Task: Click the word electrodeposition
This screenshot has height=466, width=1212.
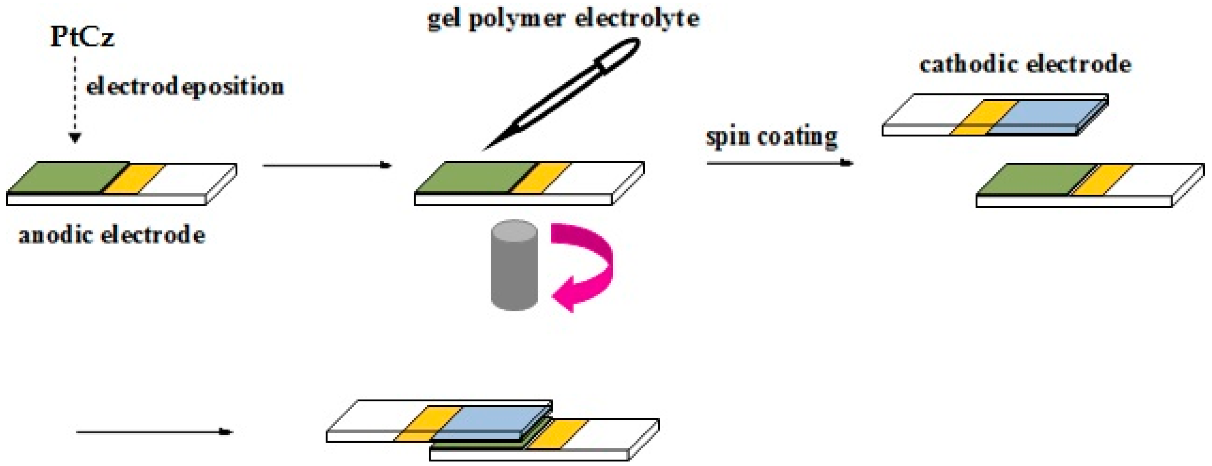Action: (x=185, y=87)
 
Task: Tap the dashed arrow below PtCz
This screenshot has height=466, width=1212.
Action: (x=75, y=99)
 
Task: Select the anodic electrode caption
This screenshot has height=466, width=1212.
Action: (x=112, y=235)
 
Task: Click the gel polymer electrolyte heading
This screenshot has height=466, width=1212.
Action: (x=563, y=19)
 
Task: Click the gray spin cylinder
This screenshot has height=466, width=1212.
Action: (x=514, y=265)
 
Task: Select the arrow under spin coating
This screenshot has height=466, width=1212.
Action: (x=779, y=163)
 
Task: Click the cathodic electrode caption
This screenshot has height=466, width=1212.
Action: (x=1025, y=65)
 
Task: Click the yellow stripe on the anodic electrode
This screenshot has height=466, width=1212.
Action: (x=134, y=179)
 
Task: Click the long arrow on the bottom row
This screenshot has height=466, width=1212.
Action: (x=154, y=432)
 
